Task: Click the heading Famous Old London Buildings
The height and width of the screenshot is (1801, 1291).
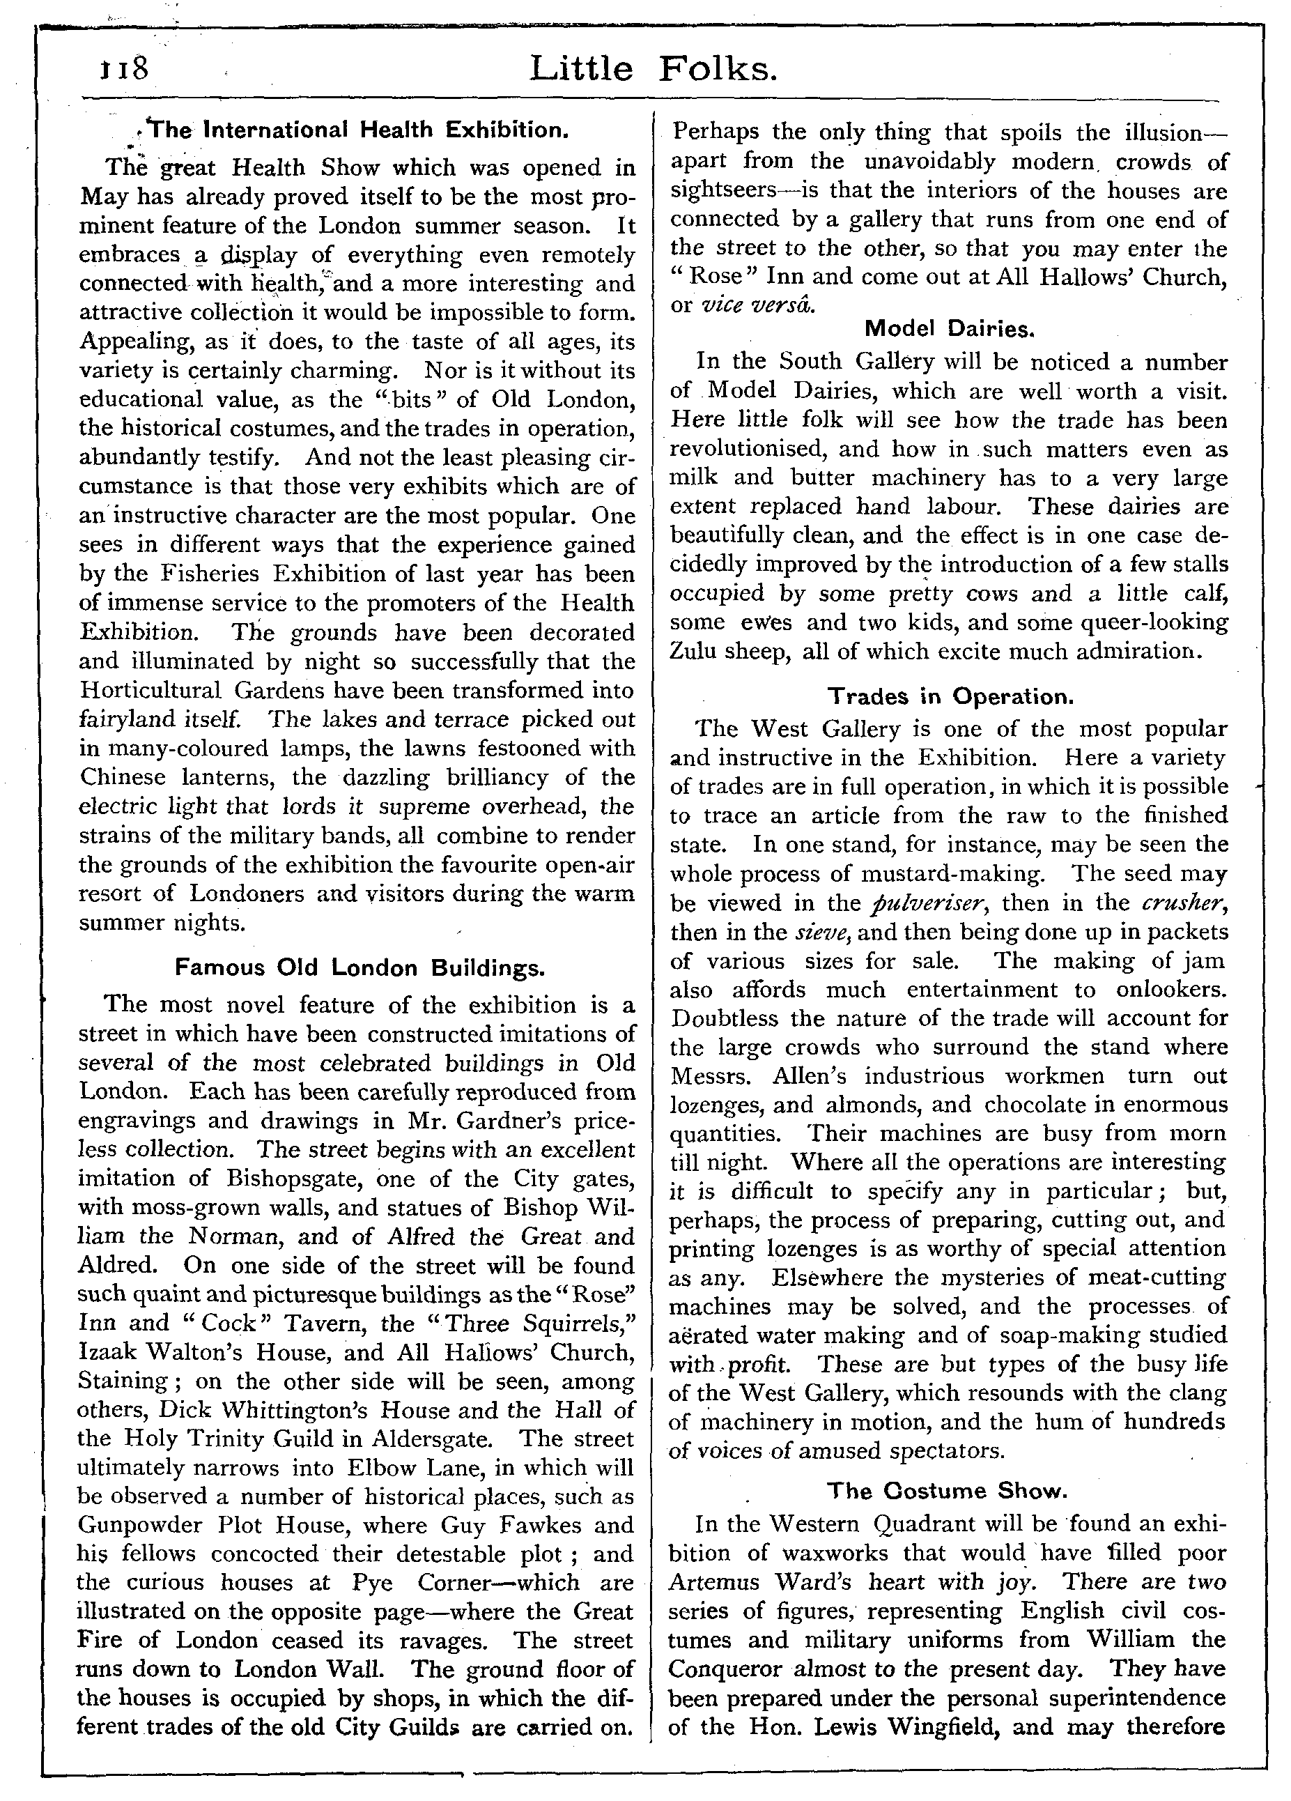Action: point(359,967)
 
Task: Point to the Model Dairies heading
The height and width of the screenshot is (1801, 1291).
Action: point(949,328)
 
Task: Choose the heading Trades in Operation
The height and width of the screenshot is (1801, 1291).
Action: point(950,696)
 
